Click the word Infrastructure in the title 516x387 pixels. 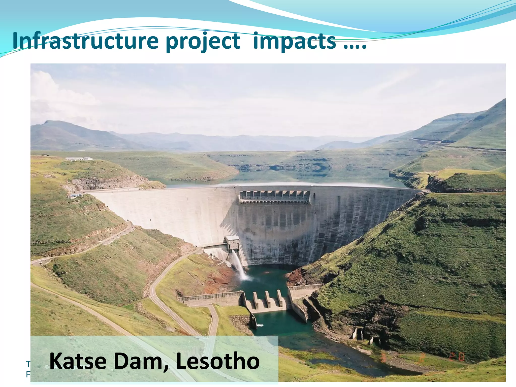(x=85, y=41)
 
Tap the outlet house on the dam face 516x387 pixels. (x=232, y=242)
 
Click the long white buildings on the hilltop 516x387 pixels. (x=79, y=159)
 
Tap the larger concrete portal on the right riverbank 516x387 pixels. (x=358, y=333)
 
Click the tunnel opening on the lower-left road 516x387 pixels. (x=40, y=264)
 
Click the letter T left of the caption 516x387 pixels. (x=28, y=364)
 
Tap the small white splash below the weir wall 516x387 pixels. (x=260, y=326)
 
